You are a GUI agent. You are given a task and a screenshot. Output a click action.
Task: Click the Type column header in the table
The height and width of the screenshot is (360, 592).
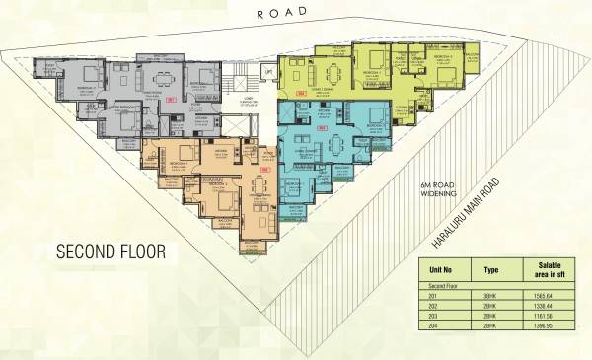pos(491,269)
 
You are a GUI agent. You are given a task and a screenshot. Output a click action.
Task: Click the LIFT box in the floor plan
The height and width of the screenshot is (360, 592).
pos(266,73)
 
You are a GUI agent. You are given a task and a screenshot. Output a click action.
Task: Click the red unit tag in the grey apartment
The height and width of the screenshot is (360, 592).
pos(171,100)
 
